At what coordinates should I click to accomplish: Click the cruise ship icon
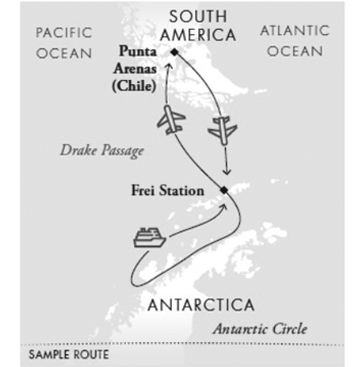[x=149, y=236]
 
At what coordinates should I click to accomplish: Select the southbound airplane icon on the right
[x=223, y=129]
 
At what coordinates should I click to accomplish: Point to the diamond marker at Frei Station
[x=225, y=190]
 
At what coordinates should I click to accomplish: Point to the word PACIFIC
[x=64, y=32]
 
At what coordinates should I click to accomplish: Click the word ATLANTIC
[x=294, y=30]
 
